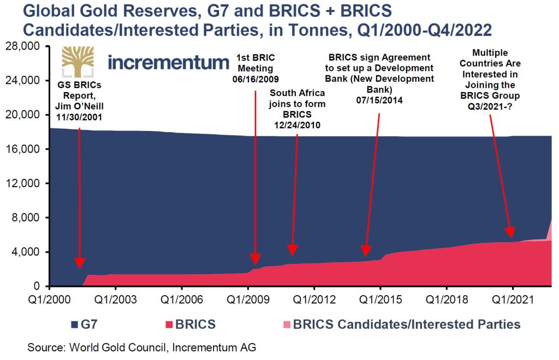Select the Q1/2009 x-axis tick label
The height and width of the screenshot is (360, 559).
[x=248, y=299]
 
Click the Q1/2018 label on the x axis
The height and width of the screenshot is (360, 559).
[x=447, y=299]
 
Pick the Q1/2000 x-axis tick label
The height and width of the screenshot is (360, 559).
[x=49, y=299]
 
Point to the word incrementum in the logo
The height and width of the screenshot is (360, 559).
[x=169, y=62]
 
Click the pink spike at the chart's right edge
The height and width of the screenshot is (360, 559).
[x=549, y=229]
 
